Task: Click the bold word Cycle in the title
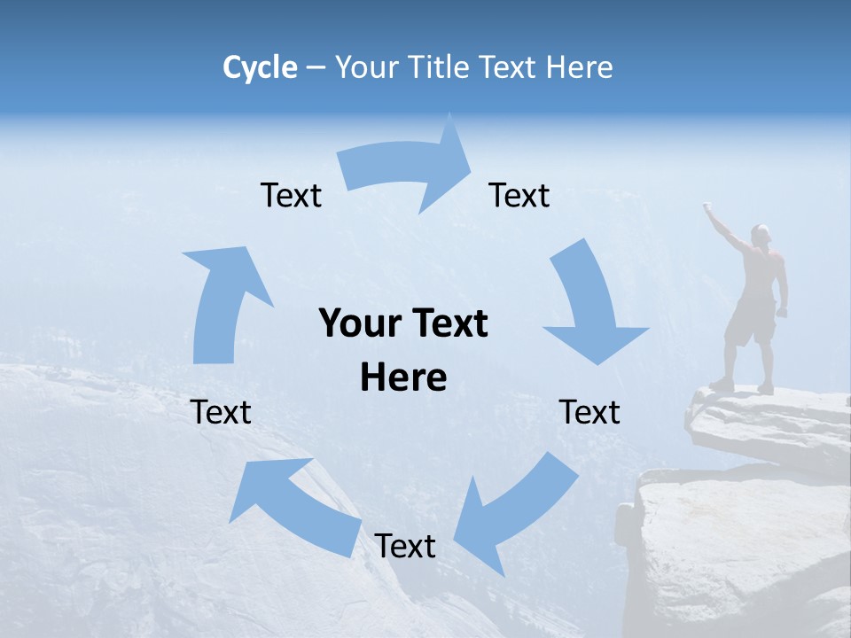[x=260, y=67]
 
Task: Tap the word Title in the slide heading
[x=440, y=67]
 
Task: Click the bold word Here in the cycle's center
[x=403, y=377]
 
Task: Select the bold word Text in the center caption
[x=448, y=323]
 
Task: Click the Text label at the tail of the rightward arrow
[x=291, y=195]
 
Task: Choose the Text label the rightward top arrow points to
[x=519, y=195]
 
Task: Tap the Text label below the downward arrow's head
[x=589, y=412]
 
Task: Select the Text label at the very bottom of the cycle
[x=405, y=546]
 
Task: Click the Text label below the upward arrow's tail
[x=222, y=412]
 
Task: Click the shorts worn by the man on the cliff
[x=750, y=323]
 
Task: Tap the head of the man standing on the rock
[x=761, y=235]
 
